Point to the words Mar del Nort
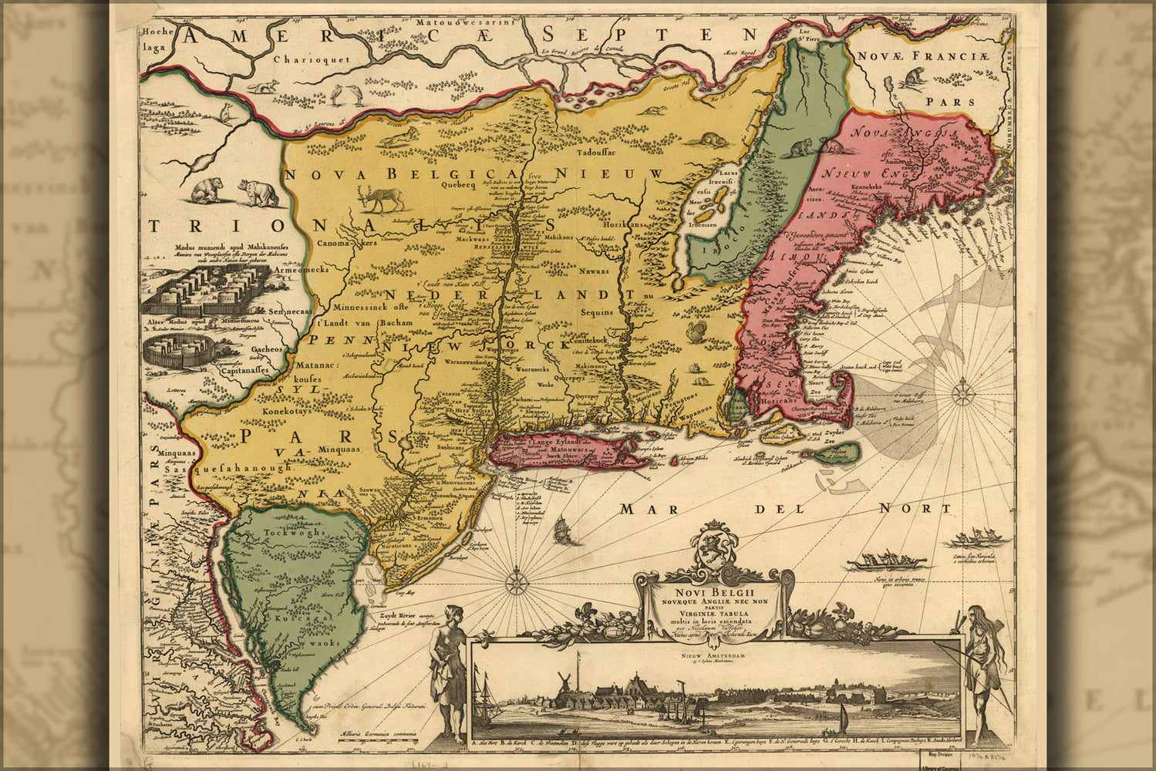click(x=787, y=509)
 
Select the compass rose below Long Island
click(x=515, y=577)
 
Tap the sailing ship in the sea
click(x=563, y=530)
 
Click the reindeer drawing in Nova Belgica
click(x=383, y=198)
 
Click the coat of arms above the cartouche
click(x=714, y=544)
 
